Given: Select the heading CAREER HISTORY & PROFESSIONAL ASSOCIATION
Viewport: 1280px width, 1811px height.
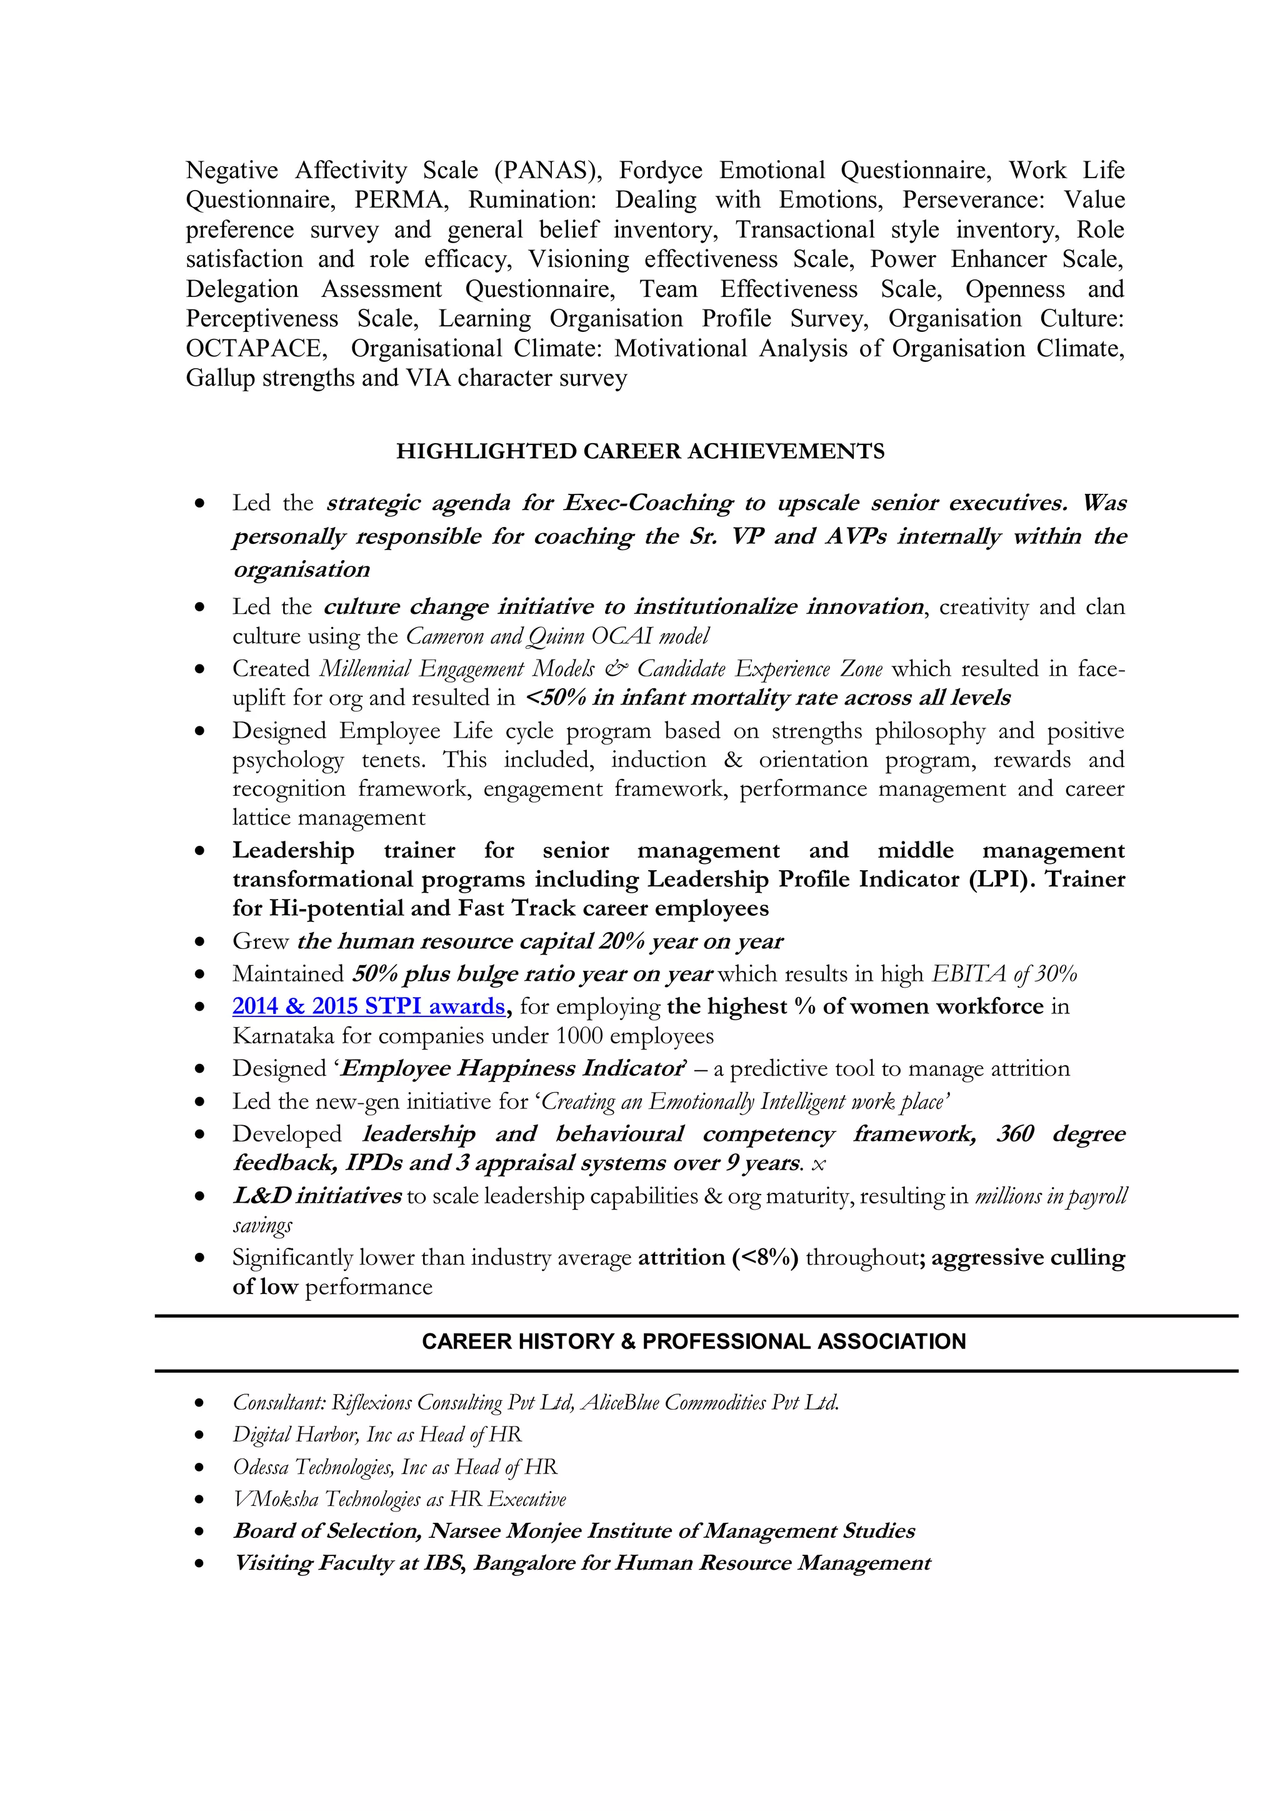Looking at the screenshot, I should [693, 1341].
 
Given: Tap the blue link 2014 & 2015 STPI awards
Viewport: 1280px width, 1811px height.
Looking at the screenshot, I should [368, 1006].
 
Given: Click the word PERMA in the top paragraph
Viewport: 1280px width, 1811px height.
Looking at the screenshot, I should [401, 200].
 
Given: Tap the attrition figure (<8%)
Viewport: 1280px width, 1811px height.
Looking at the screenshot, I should [765, 1257].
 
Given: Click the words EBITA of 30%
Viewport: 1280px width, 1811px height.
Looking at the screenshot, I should [1004, 974].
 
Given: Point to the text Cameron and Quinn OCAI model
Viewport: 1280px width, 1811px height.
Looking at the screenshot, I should [557, 636].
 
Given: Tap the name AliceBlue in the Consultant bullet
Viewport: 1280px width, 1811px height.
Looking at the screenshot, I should [620, 1402].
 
